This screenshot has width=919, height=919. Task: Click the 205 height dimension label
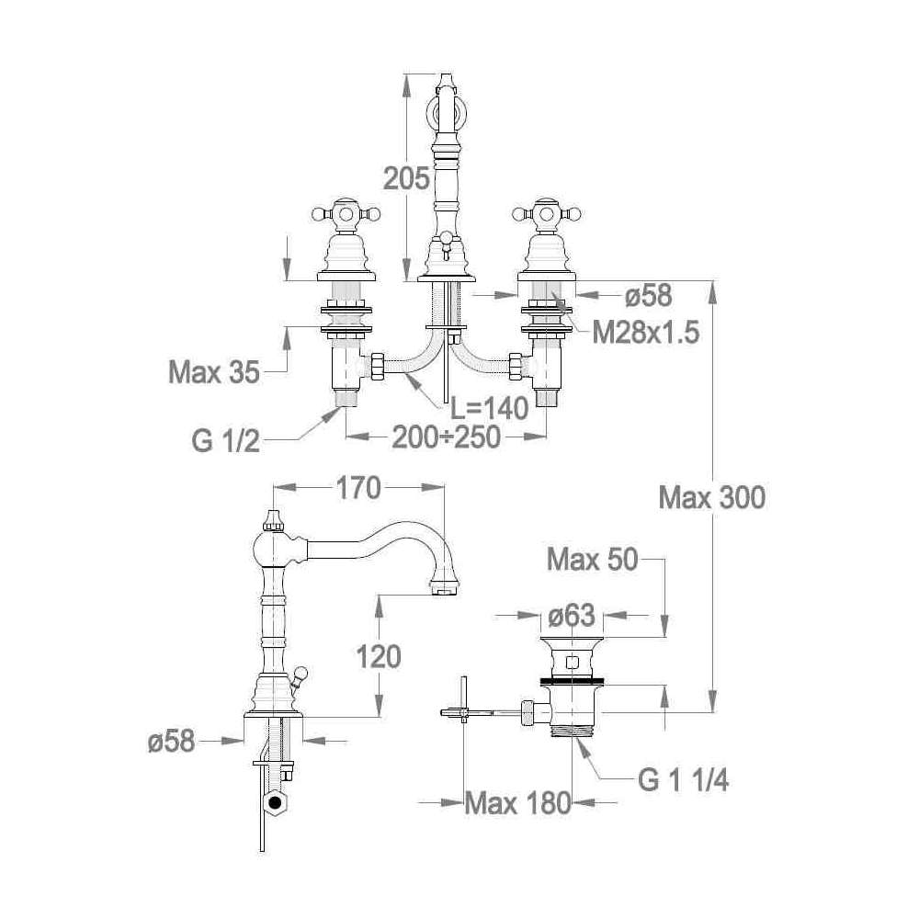pos(406,178)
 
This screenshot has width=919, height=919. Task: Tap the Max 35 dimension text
pos(214,372)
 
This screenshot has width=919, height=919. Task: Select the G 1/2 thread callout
pos(226,441)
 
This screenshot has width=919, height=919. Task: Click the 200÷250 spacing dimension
pos(446,437)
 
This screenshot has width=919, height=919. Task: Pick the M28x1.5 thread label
pos(646,333)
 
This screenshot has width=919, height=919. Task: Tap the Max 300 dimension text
pos(711,498)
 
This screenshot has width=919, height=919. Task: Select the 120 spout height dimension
pos(379,656)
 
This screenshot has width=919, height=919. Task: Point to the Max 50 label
pos(592,560)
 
